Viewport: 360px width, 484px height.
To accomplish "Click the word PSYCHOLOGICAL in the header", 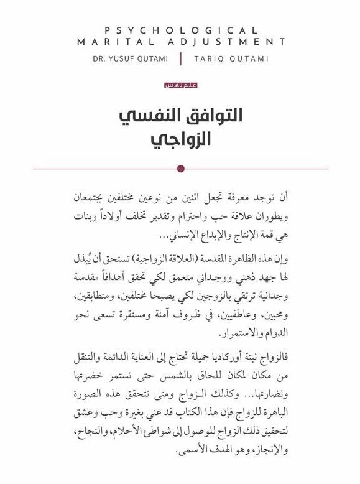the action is pos(180,30).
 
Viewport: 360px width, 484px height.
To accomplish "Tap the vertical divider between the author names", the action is pos(180,58).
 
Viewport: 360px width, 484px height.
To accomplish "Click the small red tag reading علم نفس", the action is pos(180,85).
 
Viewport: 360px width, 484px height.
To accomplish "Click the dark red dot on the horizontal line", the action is pos(180,168).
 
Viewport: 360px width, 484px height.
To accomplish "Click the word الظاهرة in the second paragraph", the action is pos(247,258).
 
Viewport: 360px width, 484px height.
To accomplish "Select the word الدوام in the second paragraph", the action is pos(277,328).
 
